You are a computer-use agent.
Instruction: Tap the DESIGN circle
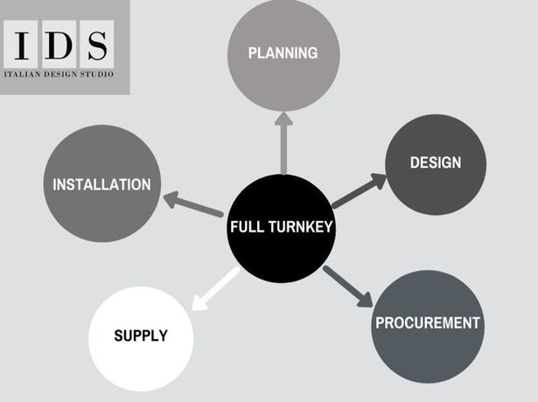click(x=435, y=163)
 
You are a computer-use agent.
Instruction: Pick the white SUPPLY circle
click(x=141, y=337)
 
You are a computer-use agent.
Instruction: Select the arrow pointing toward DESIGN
click(x=359, y=191)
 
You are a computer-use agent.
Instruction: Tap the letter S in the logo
click(x=96, y=45)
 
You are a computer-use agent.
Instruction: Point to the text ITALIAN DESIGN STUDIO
click(x=59, y=73)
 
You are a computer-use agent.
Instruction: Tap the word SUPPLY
click(x=140, y=336)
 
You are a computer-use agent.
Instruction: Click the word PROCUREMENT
click(x=428, y=323)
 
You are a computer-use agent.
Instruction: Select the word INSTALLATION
click(x=101, y=184)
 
